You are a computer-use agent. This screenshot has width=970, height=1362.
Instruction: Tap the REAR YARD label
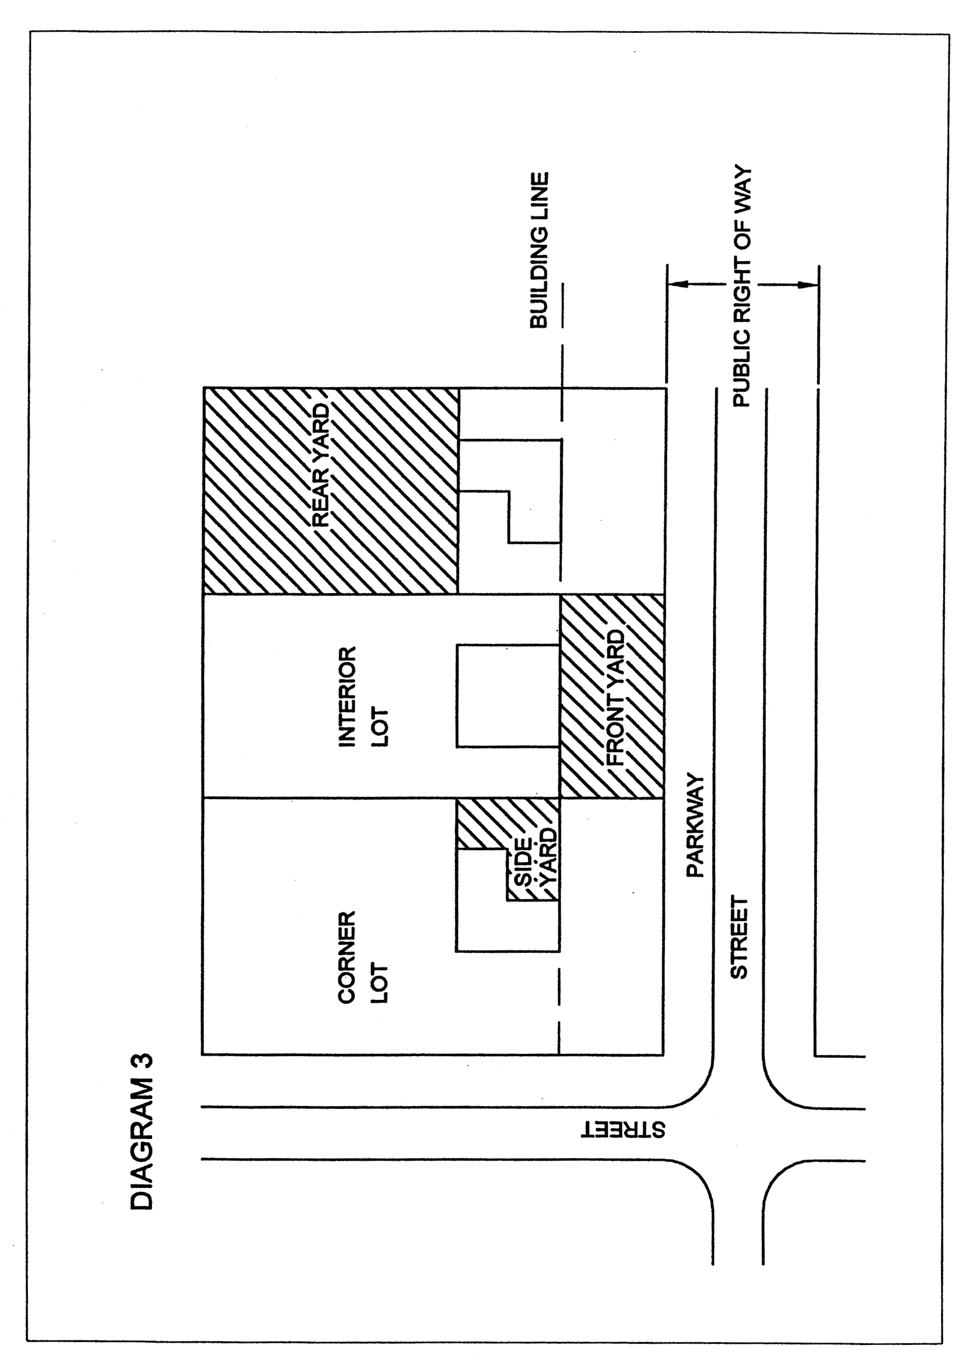point(321,465)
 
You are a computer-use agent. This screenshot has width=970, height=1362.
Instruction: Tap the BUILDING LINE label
point(539,250)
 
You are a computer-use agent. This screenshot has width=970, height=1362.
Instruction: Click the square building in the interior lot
point(508,695)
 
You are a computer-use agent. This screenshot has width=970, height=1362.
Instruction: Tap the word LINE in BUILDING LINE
point(539,197)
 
